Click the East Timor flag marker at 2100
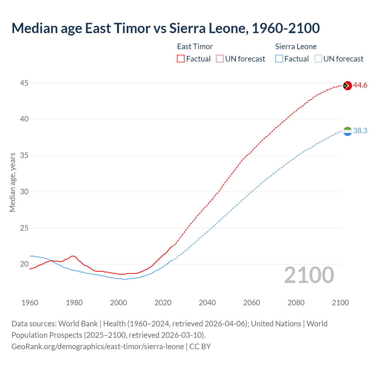pyautogui.click(x=347, y=86)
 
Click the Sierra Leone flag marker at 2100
pyautogui.click(x=347, y=131)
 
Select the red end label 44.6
pyautogui.click(x=360, y=85)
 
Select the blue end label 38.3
pyautogui.click(x=360, y=131)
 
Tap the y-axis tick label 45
pyautogui.click(x=24, y=83)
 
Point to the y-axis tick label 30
pyautogui.click(x=24, y=192)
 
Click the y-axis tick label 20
pyautogui.click(x=24, y=264)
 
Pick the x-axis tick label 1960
pyautogui.click(x=30, y=303)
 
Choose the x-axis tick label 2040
pyautogui.click(x=207, y=303)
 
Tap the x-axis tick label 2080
pyautogui.click(x=296, y=303)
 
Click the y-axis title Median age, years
pyautogui.click(x=12, y=182)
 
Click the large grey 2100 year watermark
pyautogui.click(x=309, y=275)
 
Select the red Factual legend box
pyautogui.click(x=181, y=59)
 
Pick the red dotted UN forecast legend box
pyautogui.click(x=220, y=59)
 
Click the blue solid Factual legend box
pyautogui.click(x=279, y=59)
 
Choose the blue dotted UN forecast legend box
pyautogui.click(x=318, y=59)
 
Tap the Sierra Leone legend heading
pyautogui.click(x=296, y=47)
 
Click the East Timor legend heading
pyautogui.click(x=195, y=47)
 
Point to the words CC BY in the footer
pyautogui.click(x=200, y=347)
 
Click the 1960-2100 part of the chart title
pyautogui.click(x=286, y=28)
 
